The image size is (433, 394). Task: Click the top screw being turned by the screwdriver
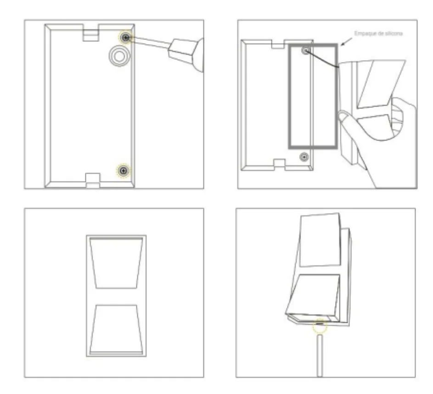(126, 37)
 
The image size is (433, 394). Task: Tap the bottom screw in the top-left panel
(123, 170)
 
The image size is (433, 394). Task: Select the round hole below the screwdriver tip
(119, 56)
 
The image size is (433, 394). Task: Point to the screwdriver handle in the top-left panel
(186, 54)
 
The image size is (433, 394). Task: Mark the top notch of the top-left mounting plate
(91, 33)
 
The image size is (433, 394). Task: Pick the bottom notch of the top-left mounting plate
(93, 180)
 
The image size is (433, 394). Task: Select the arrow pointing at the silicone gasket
(347, 42)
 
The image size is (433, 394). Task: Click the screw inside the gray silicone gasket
(306, 51)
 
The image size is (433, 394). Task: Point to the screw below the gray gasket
(304, 157)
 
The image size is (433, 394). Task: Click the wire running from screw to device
(322, 59)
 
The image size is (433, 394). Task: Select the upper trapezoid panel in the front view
(116, 264)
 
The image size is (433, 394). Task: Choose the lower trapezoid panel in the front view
(116, 329)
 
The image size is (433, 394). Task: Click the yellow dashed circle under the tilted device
(320, 326)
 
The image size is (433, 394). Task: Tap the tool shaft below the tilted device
(320, 355)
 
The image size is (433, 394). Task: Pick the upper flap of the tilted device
(320, 240)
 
